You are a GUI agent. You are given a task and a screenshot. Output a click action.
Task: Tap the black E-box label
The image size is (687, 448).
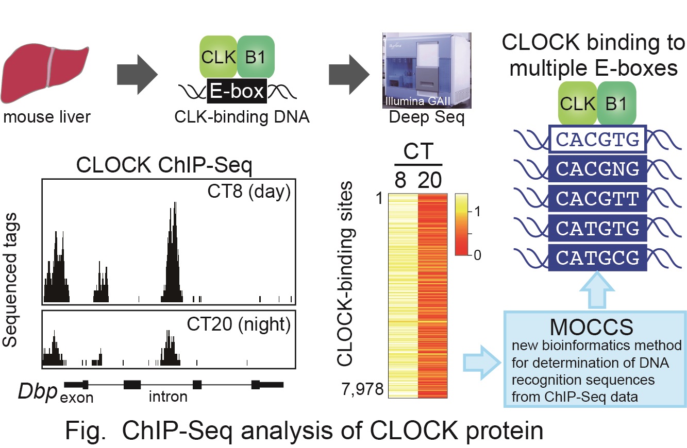coord(237,91)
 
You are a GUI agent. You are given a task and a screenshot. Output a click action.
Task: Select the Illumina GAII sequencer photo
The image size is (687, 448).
coord(427,71)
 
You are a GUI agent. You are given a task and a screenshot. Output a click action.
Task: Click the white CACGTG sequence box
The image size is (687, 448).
coord(597,139)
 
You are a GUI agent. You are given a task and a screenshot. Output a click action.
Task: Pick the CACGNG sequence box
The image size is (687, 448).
coord(597,168)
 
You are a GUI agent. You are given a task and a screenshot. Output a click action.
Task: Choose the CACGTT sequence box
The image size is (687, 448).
coord(597,198)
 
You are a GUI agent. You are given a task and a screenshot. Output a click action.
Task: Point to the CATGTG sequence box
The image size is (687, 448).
coord(597,228)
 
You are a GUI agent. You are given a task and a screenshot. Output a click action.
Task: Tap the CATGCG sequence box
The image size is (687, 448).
coord(597,257)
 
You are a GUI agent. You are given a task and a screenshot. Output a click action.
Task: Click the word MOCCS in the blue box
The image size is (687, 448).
coord(591,328)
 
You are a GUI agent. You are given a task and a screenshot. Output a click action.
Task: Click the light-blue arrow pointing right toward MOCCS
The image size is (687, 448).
coord(482,363)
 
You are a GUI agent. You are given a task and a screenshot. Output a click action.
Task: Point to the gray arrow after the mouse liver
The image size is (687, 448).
coord(138,75)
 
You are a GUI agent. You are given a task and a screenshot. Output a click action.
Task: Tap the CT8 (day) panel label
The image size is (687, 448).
coord(249,192)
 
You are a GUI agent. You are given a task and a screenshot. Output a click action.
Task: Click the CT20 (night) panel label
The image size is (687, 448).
coord(239,324)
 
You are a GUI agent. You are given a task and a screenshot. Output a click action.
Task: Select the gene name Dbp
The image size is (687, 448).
coord(38,391)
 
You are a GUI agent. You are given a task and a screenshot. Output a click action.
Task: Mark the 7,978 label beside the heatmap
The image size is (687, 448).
coord(362,389)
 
